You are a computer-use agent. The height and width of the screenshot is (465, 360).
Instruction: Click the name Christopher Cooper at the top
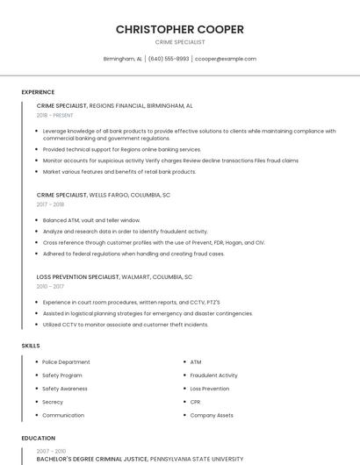180,30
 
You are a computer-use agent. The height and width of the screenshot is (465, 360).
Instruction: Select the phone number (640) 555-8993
169,59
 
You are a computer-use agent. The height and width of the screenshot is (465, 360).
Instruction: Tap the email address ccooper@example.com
226,59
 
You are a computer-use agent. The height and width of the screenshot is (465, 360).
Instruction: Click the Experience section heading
38,92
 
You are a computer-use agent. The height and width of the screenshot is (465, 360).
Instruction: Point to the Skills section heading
31,346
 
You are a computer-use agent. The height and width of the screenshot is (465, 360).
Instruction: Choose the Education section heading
39,438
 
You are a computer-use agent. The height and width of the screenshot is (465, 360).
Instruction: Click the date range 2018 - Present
55,115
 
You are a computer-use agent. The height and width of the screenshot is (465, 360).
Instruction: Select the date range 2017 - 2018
50,204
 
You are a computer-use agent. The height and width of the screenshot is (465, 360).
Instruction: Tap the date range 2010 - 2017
50,286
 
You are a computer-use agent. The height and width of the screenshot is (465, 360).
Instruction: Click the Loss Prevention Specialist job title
78,276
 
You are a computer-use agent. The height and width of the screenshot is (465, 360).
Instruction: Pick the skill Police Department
66,361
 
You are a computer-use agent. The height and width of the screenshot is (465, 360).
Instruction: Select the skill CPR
196,402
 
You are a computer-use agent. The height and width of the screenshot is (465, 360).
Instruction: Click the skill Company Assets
212,415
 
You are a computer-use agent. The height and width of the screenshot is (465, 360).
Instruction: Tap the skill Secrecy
53,402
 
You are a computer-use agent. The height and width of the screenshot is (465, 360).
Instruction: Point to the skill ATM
196,361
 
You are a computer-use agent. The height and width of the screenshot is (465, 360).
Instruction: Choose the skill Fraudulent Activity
213,375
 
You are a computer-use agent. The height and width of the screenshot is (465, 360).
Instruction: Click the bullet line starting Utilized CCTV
126,325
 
